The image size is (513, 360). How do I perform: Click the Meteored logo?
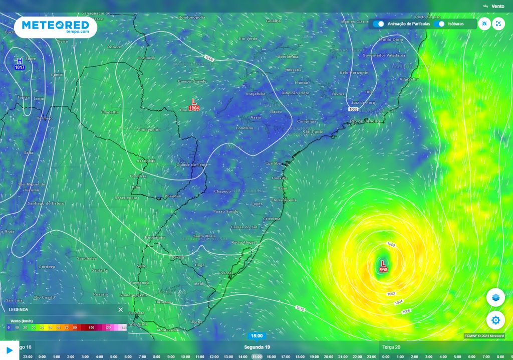coord(56,27)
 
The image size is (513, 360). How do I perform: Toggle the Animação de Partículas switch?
coord(379,24)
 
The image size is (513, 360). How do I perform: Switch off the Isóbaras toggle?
coord(439,24)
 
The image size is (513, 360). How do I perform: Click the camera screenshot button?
coord(484,24)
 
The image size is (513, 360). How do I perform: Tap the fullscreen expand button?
coord(498,24)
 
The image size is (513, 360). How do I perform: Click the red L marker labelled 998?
coord(383,266)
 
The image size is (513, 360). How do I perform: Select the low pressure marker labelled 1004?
coord(194,104)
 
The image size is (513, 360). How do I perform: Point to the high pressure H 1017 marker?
coord(20,63)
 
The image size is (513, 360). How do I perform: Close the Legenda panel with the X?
coord(120,309)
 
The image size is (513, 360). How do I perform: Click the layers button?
coord(495,297)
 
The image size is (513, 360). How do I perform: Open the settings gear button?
coord(495,320)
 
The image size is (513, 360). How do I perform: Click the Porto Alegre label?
coord(243,242)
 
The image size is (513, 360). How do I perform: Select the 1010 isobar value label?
coord(300,308)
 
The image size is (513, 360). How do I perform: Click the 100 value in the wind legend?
coord(91,327)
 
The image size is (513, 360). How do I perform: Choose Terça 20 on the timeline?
coord(391,347)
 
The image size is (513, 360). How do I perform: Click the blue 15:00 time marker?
coord(256,336)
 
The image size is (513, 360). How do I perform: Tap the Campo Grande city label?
coord(192,81)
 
